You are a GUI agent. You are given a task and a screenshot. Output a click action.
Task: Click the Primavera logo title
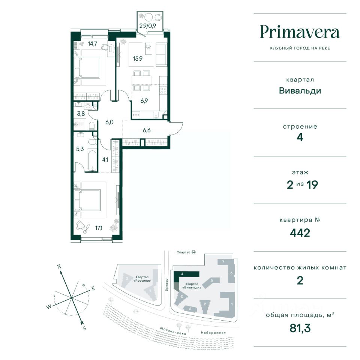(x=300, y=32)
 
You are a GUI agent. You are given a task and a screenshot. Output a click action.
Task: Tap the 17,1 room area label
(x=99, y=228)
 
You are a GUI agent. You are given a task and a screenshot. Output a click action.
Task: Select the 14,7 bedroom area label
(x=92, y=43)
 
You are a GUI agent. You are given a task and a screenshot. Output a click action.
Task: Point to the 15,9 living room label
(x=138, y=58)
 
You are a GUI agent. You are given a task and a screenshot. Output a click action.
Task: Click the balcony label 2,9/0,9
(x=148, y=26)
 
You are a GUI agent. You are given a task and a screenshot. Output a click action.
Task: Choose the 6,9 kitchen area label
(x=144, y=100)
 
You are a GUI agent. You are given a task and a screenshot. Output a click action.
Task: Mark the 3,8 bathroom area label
(x=81, y=114)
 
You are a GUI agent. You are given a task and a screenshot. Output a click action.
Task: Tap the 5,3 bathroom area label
(x=80, y=149)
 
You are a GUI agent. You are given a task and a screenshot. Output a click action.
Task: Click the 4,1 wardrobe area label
(x=105, y=159)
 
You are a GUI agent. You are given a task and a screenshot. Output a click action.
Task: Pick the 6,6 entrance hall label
(x=147, y=130)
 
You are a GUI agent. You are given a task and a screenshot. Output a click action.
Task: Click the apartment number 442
(x=300, y=233)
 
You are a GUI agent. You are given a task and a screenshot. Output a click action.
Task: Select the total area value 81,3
(x=300, y=328)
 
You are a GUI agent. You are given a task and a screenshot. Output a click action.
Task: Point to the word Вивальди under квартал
(x=300, y=91)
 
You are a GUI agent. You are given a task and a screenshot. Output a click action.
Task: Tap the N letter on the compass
(x=59, y=267)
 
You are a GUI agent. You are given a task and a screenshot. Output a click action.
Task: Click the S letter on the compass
(x=84, y=328)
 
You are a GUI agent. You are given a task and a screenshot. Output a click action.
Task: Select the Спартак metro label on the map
(x=183, y=252)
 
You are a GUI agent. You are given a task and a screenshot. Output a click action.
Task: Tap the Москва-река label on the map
(x=173, y=331)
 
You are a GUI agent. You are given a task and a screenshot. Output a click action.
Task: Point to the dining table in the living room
(x=142, y=80)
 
